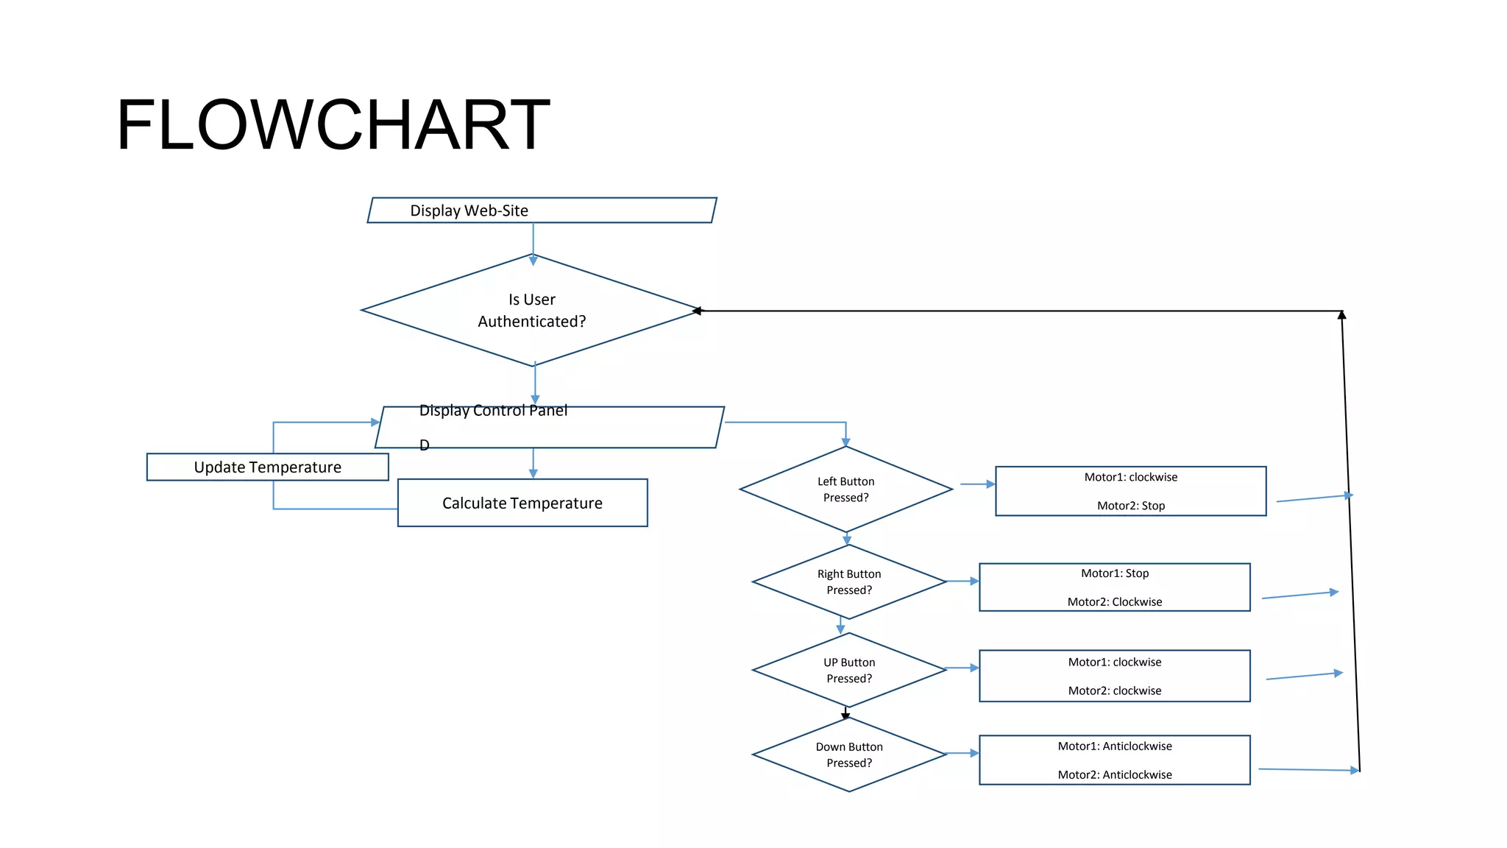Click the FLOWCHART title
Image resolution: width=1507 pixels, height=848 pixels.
point(333,124)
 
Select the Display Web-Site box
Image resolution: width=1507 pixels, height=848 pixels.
point(542,211)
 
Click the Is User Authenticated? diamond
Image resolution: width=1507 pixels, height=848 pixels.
point(531,311)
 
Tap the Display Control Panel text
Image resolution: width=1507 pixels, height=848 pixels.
point(493,411)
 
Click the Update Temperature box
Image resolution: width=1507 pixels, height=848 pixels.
point(267,467)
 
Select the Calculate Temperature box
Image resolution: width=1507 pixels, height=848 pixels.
point(522,504)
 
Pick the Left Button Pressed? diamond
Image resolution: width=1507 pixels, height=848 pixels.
point(845,490)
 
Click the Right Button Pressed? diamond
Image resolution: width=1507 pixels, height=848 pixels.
point(848,582)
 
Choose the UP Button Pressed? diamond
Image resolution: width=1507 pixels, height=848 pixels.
point(848,671)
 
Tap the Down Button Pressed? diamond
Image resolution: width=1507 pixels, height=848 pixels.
point(848,755)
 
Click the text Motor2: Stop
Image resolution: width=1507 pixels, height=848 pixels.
point(1130,506)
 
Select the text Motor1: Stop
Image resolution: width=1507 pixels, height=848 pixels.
point(1114,573)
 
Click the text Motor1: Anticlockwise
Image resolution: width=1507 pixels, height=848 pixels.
point(1114,746)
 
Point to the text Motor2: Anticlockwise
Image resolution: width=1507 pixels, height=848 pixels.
point(1114,775)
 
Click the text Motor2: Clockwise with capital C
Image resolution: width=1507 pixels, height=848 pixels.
point(1114,602)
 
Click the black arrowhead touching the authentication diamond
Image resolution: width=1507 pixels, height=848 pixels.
point(697,311)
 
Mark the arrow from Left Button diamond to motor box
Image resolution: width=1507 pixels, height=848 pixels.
point(977,484)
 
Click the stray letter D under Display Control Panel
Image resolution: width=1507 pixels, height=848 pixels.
point(424,445)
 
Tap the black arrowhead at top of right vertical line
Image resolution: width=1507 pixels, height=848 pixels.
point(1341,315)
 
